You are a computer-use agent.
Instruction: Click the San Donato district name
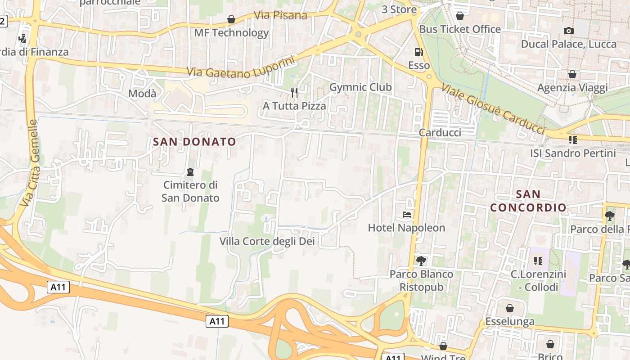pyautogui.click(x=194, y=142)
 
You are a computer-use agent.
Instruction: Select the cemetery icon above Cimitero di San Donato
pyautogui.click(x=190, y=171)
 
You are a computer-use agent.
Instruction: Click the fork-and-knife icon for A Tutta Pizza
pyautogui.click(x=294, y=93)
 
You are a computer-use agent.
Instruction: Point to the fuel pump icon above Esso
pyautogui.click(x=418, y=52)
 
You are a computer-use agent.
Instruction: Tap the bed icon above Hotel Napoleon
pyautogui.click(x=407, y=215)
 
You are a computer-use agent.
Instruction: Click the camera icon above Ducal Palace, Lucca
pyautogui.click(x=569, y=31)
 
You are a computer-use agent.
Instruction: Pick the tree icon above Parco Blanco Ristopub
pyautogui.click(x=421, y=261)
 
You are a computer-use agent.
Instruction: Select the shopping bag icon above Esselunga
pyautogui.click(x=510, y=308)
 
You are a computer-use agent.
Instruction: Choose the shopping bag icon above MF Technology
pyautogui.click(x=231, y=19)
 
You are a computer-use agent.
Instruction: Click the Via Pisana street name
pyautogui.click(x=280, y=15)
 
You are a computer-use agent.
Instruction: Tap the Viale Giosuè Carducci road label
pyautogui.click(x=493, y=109)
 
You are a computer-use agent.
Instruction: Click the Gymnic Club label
pyautogui.click(x=360, y=87)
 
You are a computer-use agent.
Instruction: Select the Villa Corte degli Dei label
pyautogui.click(x=267, y=241)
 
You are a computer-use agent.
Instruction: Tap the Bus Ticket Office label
pyautogui.click(x=460, y=29)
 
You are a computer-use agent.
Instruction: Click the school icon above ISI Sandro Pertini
pyautogui.click(x=573, y=140)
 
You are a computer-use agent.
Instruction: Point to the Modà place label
pyautogui.click(x=142, y=94)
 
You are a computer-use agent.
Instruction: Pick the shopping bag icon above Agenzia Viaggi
pyautogui.click(x=572, y=74)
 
